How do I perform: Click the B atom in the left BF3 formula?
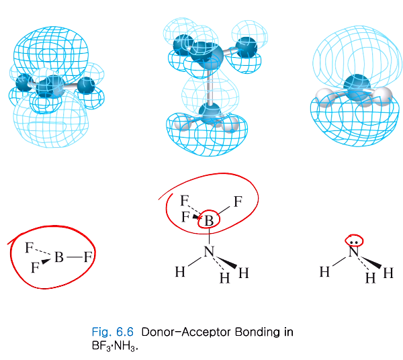coord(60,256)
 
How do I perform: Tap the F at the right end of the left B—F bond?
coord(87,256)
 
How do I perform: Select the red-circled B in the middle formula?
coord(210,220)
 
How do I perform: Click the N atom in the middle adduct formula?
coord(210,252)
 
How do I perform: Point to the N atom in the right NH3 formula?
coord(354,253)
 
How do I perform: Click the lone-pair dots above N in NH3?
coord(354,240)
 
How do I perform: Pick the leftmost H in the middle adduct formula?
coord(180,272)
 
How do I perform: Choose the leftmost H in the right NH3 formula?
coord(325,272)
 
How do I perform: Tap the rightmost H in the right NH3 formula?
coord(388,273)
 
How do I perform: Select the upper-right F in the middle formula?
coord(237,200)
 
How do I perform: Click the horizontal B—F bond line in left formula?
coord(74,256)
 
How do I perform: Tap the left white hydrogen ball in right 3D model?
coord(328,99)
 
